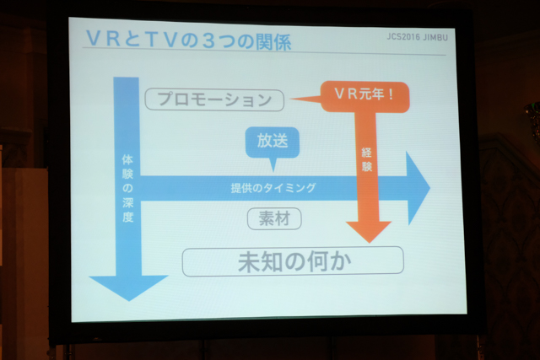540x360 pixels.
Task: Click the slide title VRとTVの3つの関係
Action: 189,40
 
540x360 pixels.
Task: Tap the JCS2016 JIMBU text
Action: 417,36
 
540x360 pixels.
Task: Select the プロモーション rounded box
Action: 214,99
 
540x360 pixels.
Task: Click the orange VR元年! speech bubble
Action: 365,96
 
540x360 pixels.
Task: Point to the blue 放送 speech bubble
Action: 272,142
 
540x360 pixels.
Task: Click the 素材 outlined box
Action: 274,218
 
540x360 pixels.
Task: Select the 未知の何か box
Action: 293,261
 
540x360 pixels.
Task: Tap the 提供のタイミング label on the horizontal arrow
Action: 273,188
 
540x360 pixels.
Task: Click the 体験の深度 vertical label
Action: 127,189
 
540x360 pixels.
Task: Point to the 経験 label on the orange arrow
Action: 367,159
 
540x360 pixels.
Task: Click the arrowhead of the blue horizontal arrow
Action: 418,188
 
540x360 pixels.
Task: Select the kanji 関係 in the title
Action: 273,42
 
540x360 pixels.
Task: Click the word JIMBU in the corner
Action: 435,37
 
